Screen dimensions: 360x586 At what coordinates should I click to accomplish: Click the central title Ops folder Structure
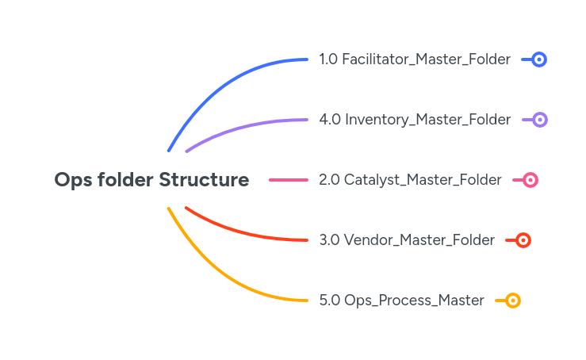tap(151, 180)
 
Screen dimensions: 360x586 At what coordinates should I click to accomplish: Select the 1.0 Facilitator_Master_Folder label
tap(415, 59)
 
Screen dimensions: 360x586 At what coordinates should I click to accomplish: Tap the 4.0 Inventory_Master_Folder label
tap(415, 120)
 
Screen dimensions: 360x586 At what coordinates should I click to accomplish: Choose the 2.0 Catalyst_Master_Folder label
tap(410, 180)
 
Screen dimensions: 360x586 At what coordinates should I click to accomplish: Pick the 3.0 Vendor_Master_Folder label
tap(407, 240)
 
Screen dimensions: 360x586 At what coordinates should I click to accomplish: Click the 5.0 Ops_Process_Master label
tap(401, 301)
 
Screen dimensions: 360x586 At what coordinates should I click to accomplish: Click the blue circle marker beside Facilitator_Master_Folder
tap(539, 59)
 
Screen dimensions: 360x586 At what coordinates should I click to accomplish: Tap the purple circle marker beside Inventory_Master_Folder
tap(540, 120)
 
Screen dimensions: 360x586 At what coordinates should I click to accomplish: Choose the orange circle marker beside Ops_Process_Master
tap(513, 301)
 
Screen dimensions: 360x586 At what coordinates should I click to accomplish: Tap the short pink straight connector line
tap(288, 180)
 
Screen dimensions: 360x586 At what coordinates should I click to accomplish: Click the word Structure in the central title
tap(204, 180)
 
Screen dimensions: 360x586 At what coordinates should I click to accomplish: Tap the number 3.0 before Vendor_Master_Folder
tap(329, 240)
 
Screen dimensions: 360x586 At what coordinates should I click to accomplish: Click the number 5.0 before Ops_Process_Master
tap(329, 301)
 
